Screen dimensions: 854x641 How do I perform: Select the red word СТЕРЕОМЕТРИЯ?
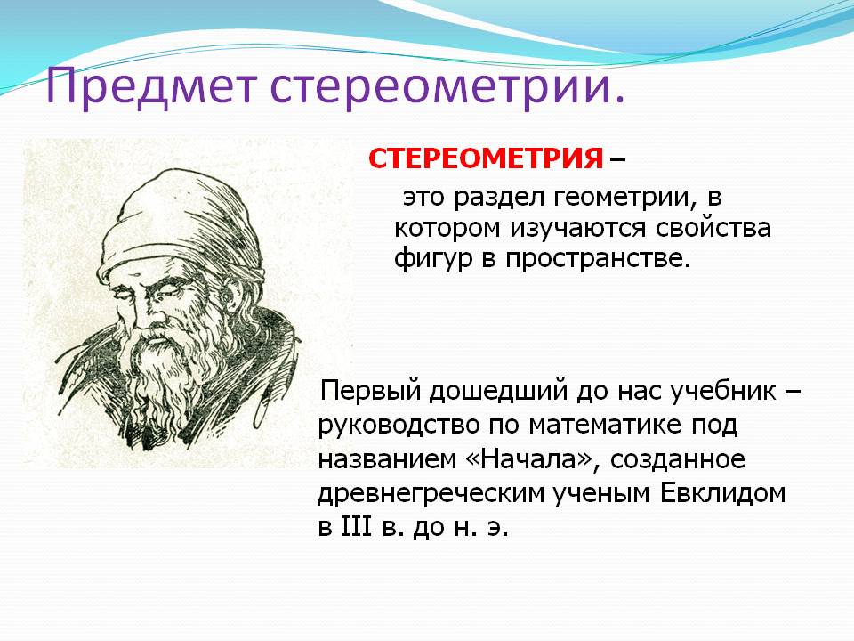(x=486, y=158)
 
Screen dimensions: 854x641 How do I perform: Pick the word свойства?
(x=713, y=227)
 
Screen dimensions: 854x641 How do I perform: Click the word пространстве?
(x=598, y=259)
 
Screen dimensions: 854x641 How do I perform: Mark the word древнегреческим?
(x=431, y=494)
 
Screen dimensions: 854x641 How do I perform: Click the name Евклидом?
(x=723, y=494)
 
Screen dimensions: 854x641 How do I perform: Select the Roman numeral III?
(x=356, y=527)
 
